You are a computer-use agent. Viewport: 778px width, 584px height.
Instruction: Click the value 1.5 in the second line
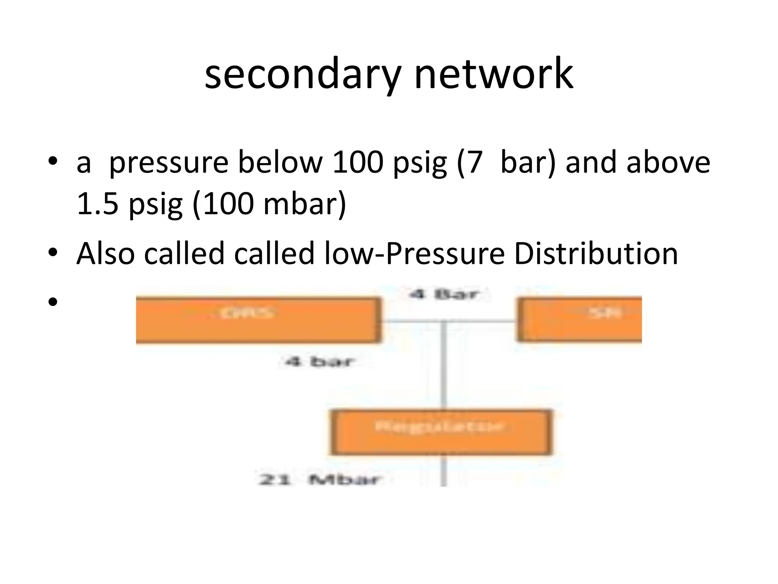(x=98, y=203)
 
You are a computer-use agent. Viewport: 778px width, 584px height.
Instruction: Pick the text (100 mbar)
(x=270, y=204)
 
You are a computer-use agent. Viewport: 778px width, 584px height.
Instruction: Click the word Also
(x=106, y=254)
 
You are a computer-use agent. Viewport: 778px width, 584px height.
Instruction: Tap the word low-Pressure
(x=414, y=254)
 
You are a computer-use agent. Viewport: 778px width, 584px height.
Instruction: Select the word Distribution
(x=596, y=254)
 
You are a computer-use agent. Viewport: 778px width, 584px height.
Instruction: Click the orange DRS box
(x=258, y=321)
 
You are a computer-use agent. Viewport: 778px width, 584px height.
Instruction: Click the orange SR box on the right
(x=580, y=320)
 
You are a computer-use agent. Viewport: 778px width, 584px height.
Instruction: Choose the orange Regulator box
(x=441, y=433)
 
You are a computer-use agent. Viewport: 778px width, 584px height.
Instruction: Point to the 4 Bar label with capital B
(x=443, y=294)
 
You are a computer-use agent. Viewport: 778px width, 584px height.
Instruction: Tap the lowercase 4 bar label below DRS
(x=319, y=362)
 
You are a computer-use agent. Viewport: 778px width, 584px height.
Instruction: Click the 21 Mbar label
(x=319, y=479)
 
